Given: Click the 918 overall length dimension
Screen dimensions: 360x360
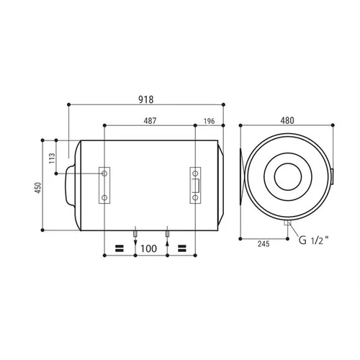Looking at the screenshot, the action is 146,99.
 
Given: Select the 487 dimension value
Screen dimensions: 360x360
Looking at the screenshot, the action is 150,121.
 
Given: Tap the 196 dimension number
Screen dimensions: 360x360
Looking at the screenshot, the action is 209,121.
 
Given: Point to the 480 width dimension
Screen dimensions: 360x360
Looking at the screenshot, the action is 287,120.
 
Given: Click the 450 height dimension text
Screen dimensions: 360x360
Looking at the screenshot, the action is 39,188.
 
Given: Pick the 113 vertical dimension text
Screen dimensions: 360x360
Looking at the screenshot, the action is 52,158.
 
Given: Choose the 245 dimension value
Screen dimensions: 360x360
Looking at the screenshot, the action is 264,244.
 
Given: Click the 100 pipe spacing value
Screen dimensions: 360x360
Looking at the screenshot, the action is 148,248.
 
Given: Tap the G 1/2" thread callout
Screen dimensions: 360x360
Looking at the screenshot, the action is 313,240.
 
